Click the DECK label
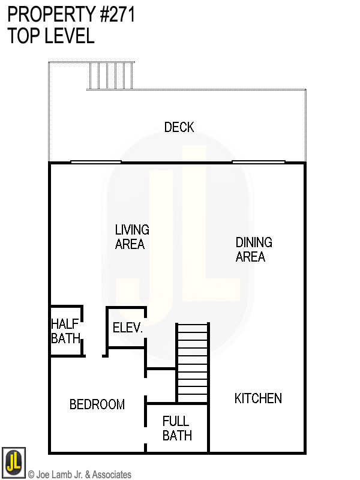click(179, 127)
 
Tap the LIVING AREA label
click(131, 237)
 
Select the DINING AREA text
click(253, 250)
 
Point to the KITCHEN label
click(258, 398)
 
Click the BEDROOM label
click(97, 404)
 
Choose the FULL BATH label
click(177, 428)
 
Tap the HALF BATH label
click(65, 331)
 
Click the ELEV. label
click(127, 328)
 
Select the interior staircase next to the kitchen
click(192, 363)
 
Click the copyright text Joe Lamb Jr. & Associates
click(80, 475)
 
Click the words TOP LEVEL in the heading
click(51, 36)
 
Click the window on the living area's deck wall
click(96, 161)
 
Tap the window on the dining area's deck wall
click(259, 161)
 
